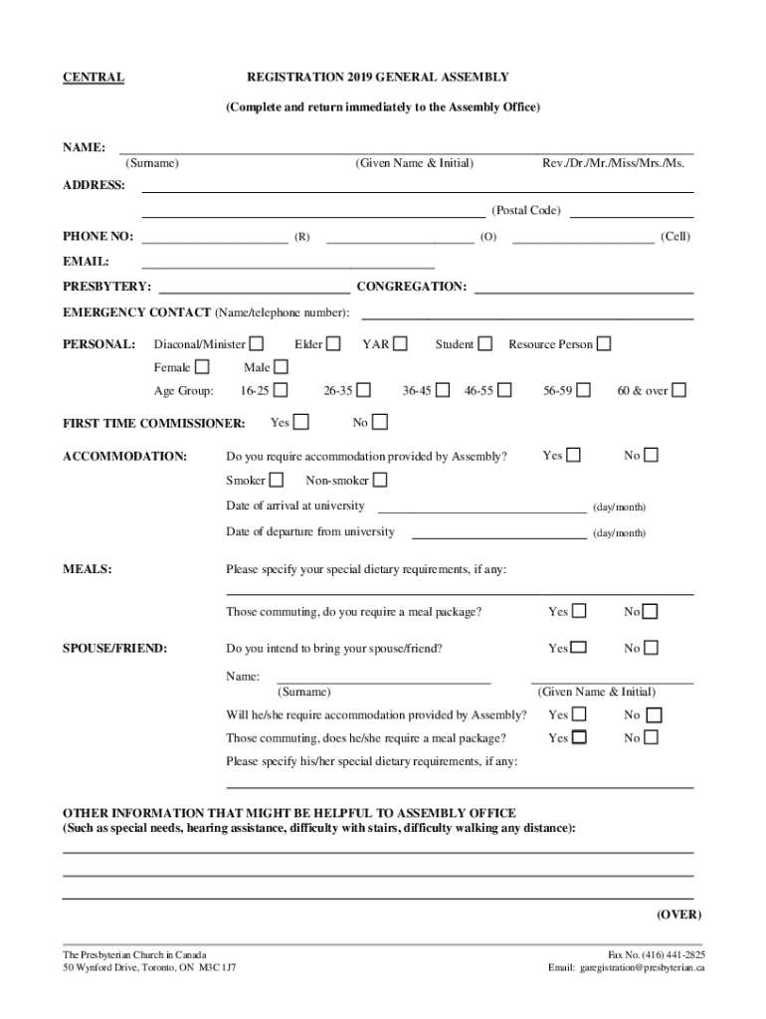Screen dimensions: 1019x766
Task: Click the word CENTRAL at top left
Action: click(94, 78)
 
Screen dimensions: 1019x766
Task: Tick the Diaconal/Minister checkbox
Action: click(257, 344)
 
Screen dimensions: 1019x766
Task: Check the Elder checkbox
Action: click(333, 344)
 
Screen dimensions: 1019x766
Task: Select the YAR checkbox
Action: click(400, 344)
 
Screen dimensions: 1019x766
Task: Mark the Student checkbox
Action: click(484, 344)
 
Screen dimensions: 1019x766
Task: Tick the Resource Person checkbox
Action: click(604, 344)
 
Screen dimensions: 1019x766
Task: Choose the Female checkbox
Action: click(202, 368)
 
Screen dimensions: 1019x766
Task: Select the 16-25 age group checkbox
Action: click(282, 390)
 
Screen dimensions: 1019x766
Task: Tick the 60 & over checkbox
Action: click(678, 390)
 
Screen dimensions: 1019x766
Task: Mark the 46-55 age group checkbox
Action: click(504, 390)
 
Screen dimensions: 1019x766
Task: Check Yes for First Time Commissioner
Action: click(300, 423)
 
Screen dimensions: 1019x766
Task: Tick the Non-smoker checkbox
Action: click(379, 481)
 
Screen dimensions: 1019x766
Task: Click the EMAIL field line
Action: click(288, 267)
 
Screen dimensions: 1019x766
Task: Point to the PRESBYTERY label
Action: click(107, 287)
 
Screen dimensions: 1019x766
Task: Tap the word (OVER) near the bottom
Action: click(678, 915)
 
